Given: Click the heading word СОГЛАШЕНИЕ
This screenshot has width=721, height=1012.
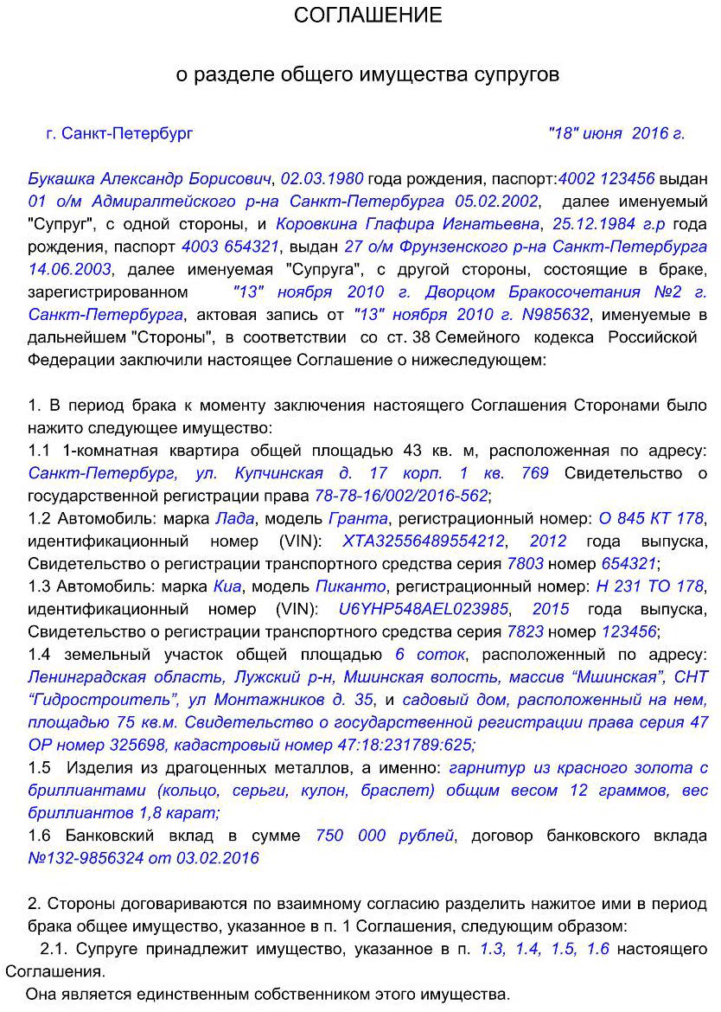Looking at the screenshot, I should (367, 16).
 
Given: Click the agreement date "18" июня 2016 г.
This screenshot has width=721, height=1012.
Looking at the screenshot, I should (616, 133).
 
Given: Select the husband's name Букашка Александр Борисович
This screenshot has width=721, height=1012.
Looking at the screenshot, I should (150, 179).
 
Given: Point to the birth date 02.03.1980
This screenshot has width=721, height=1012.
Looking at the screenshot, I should (322, 179).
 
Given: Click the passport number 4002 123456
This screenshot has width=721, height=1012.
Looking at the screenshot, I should (606, 179).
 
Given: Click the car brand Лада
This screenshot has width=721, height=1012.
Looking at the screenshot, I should (234, 518).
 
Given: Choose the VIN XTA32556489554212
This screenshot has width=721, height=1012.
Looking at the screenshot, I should (424, 541).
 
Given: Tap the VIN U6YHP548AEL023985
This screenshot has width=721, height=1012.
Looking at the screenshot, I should (423, 608).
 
